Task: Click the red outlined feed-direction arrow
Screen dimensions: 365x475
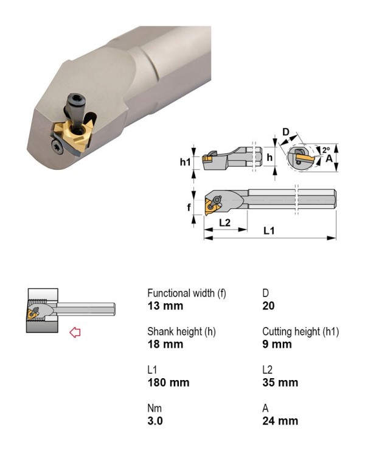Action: point(75,332)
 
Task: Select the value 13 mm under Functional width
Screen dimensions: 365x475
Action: point(165,306)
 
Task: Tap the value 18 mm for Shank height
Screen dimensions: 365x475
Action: point(165,344)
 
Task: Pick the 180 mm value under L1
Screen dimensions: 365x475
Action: point(169,382)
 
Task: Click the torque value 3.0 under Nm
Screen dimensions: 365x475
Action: point(155,421)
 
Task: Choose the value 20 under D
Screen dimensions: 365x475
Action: point(268,306)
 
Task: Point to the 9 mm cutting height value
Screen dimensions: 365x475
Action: point(277,344)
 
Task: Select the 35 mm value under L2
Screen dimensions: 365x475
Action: point(280,382)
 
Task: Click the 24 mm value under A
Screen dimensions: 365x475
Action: point(280,421)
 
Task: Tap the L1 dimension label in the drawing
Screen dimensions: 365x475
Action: point(269,231)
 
